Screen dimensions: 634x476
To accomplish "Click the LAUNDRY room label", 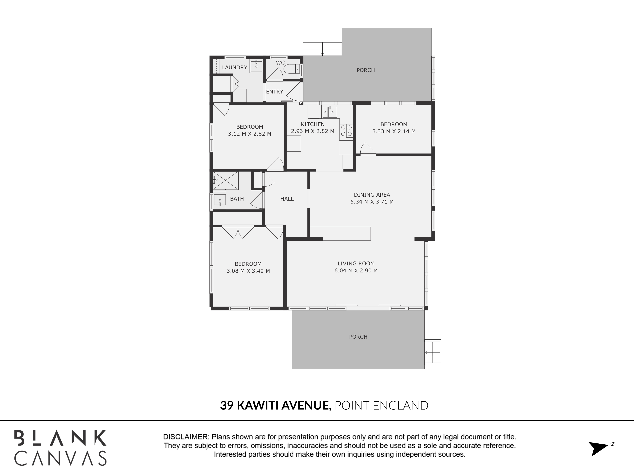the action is [x=234, y=67].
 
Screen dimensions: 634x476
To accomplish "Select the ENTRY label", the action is [x=275, y=92].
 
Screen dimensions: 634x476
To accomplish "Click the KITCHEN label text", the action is [x=313, y=124].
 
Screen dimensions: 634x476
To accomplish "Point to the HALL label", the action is [x=287, y=198].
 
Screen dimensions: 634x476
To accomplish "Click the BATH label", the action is [x=237, y=198].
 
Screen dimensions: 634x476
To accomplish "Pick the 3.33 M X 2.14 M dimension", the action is [x=394, y=131].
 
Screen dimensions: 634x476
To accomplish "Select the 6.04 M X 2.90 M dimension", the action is [x=356, y=271].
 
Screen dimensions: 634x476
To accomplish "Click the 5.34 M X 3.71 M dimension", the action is [x=372, y=202].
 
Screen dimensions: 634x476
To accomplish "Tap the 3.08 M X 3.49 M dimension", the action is [x=248, y=271].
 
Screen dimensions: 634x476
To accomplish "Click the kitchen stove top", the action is [x=346, y=131].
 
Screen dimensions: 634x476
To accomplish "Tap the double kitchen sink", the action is [x=330, y=112].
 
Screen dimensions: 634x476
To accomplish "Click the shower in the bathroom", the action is [x=226, y=180].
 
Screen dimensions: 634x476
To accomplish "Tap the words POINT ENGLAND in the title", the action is [x=382, y=405].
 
